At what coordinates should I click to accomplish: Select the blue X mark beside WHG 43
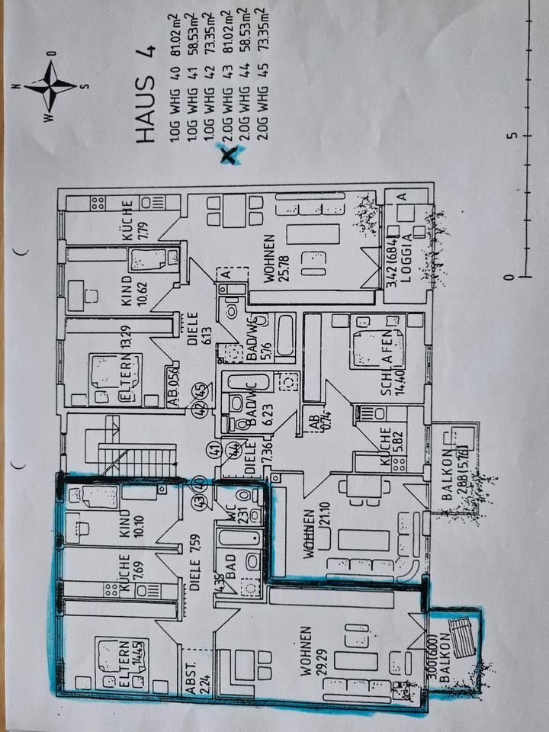(230, 156)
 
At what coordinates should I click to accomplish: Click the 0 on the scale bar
(512, 280)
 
